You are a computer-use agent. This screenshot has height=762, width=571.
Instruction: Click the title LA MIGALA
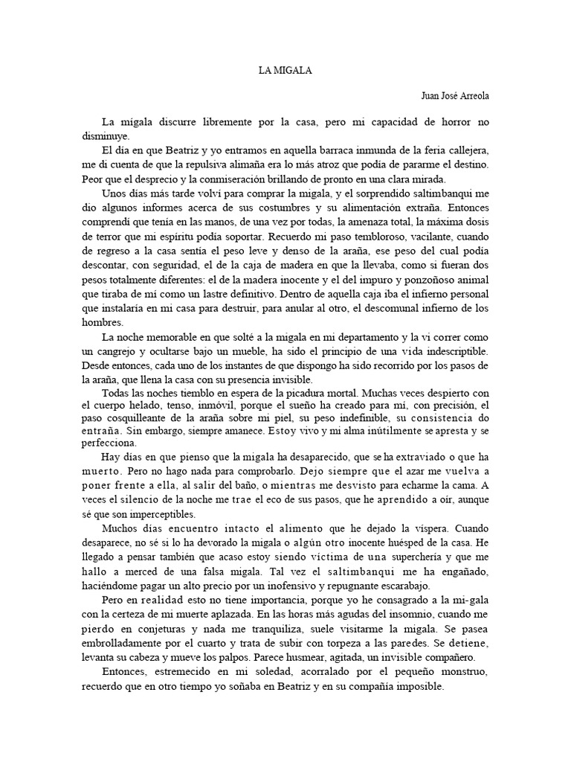[285, 71]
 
